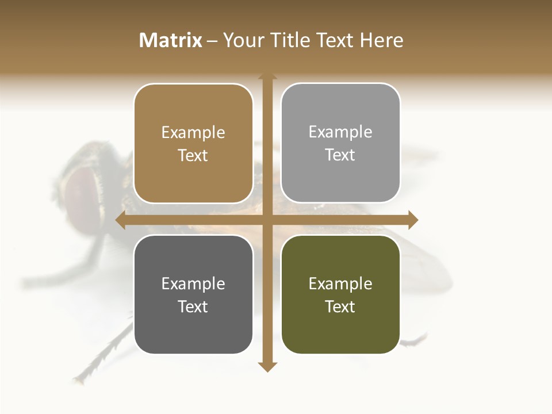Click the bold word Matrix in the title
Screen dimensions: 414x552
(x=171, y=40)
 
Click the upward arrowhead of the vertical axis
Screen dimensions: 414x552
(x=267, y=76)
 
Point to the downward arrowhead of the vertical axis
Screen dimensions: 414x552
(x=267, y=366)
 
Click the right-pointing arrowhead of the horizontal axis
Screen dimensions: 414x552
(x=413, y=220)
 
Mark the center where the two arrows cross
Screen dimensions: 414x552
(x=267, y=220)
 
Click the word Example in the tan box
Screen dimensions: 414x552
(x=193, y=132)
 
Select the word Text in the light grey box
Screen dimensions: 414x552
(x=340, y=155)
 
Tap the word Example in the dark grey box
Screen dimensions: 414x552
(x=193, y=283)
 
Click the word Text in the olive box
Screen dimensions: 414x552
(x=340, y=306)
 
